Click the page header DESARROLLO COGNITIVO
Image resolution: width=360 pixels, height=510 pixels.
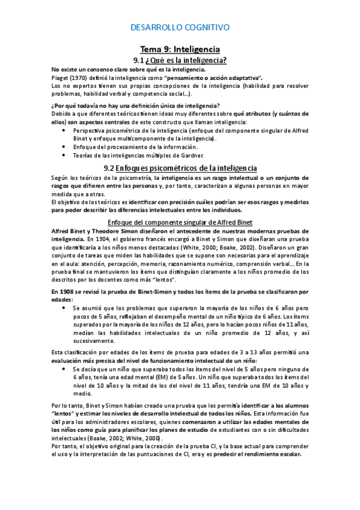coord(180,27)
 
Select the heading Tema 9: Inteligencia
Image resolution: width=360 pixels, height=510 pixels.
coord(180,49)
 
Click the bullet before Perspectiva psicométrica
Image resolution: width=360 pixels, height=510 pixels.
coord(64,130)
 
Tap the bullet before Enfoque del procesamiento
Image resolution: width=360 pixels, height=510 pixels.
coord(64,147)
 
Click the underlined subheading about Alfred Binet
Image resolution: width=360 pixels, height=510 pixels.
coord(180,222)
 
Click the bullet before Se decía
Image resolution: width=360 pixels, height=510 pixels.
coord(64,369)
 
